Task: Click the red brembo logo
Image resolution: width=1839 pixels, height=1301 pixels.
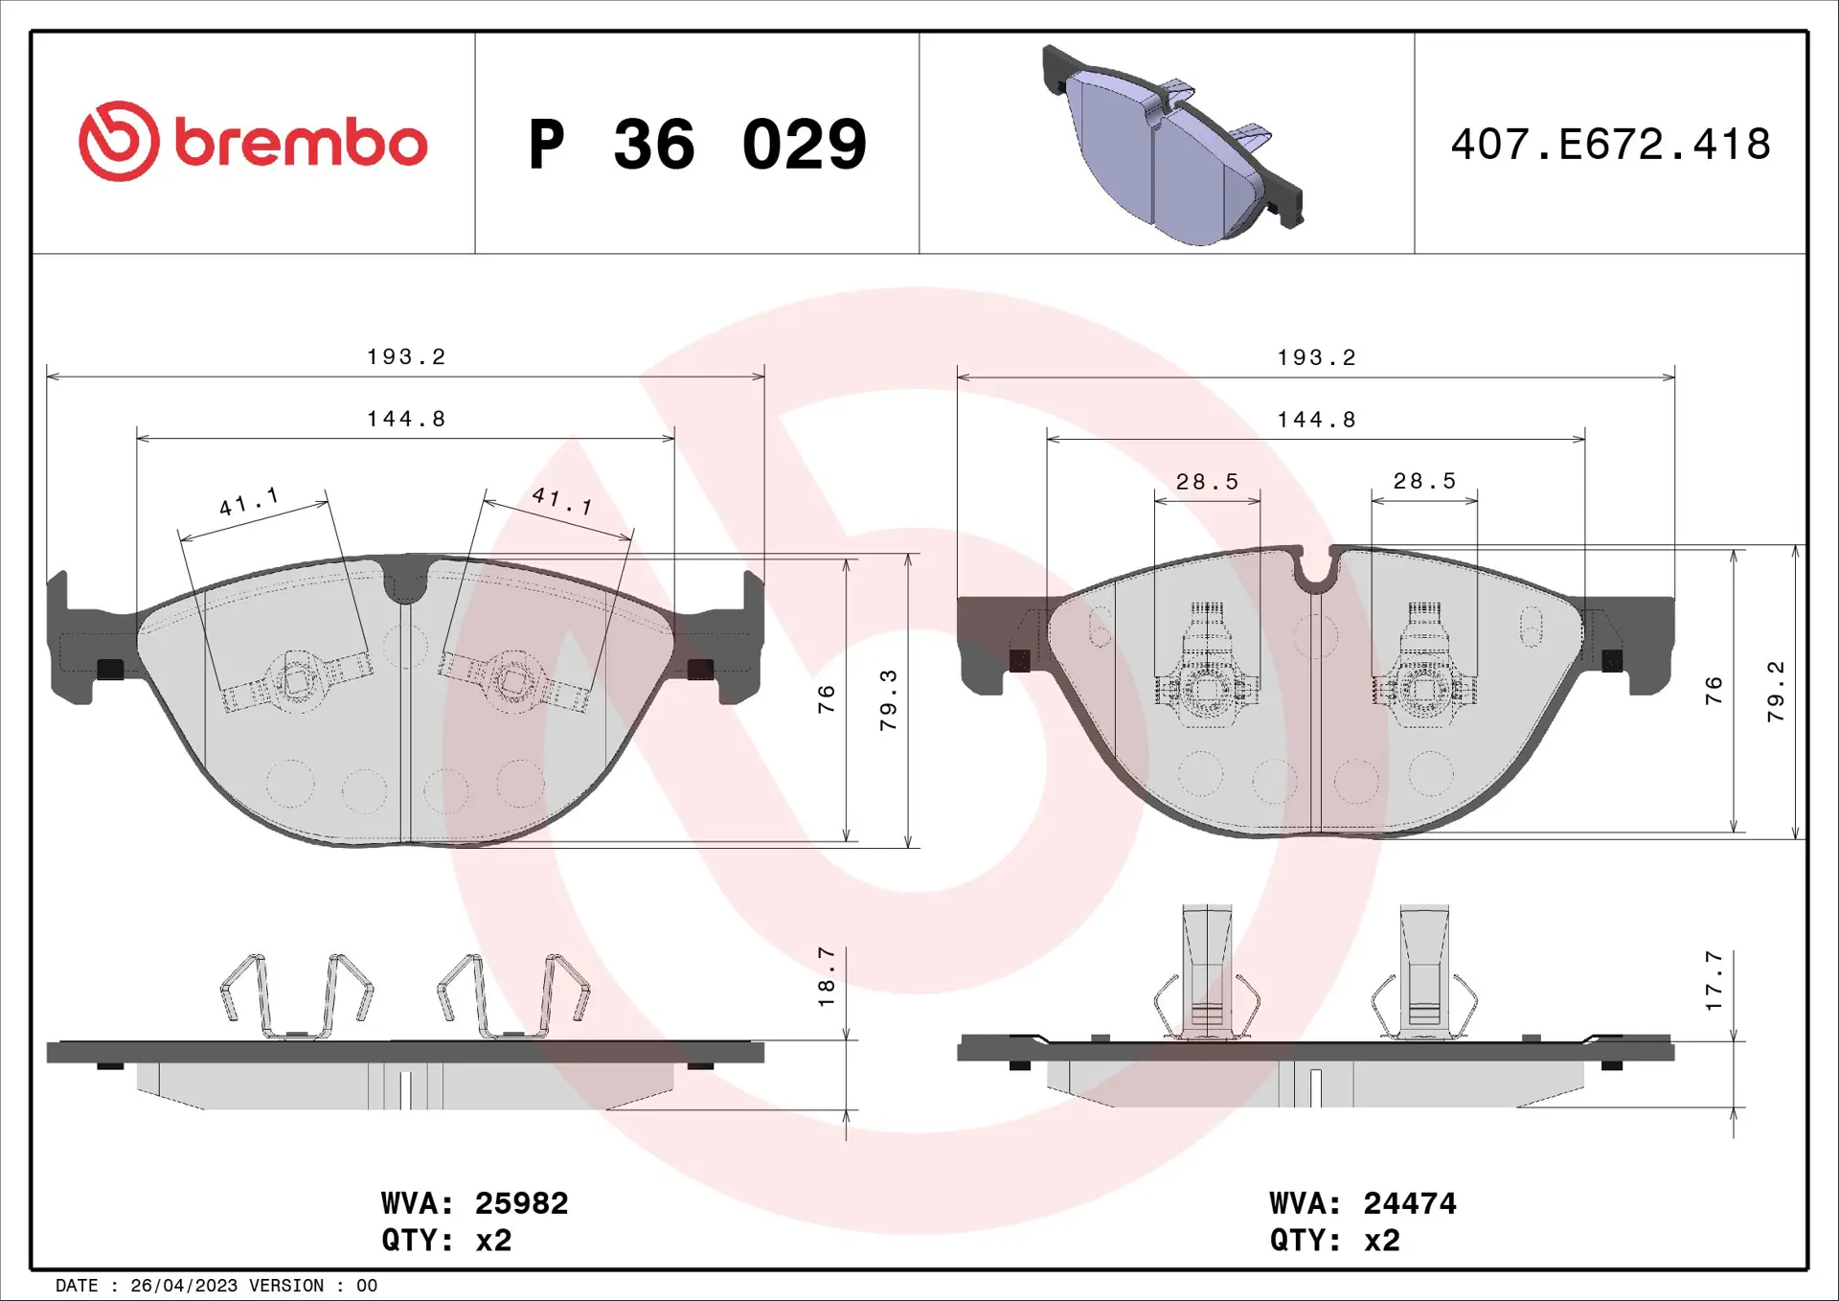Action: click(x=253, y=143)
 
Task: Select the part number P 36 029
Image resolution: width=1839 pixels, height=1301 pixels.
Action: click(x=697, y=145)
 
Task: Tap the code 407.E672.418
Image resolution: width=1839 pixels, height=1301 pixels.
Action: click(x=1610, y=145)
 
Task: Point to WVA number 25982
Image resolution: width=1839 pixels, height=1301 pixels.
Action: click(x=521, y=1203)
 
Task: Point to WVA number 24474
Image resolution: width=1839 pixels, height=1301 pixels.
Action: click(x=1409, y=1203)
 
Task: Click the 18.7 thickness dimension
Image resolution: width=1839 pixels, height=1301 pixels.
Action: click(x=827, y=977)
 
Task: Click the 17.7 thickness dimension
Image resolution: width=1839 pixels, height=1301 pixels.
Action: click(x=1714, y=981)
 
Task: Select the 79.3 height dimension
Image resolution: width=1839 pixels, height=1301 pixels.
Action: click(x=889, y=700)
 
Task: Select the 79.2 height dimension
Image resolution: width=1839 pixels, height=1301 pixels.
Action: click(x=1776, y=692)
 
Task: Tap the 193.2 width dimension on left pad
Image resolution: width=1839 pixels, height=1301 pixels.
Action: click(x=406, y=357)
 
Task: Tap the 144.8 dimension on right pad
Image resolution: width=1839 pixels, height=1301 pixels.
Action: click(x=1316, y=420)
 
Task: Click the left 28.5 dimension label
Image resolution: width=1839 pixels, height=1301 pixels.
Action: click(x=1207, y=482)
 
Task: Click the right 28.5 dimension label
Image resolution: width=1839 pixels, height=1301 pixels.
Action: click(x=1424, y=481)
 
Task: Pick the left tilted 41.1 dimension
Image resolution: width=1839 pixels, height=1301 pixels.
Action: click(x=249, y=502)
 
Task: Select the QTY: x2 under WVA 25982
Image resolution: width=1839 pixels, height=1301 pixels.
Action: click(x=446, y=1241)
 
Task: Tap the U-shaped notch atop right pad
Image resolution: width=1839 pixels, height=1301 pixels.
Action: click(x=1315, y=573)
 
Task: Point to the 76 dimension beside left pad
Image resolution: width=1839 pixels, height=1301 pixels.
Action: click(x=827, y=699)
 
